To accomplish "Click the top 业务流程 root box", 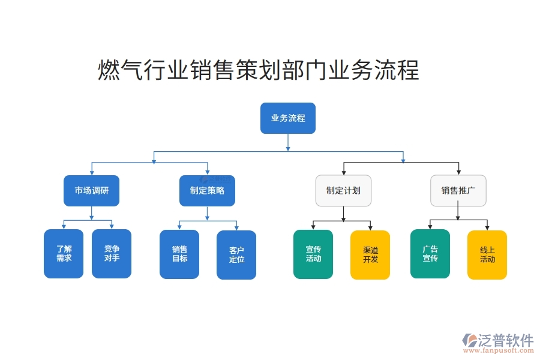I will pyautogui.click(x=287, y=118).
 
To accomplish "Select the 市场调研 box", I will pyautogui.click(x=91, y=191).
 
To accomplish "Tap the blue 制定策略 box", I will pyautogui.click(x=207, y=191).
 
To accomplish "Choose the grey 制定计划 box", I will pyautogui.click(x=343, y=191).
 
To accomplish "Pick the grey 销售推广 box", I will pyautogui.click(x=458, y=191).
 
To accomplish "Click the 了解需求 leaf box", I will pyautogui.click(x=64, y=254).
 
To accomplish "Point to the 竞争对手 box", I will pyautogui.click(x=112, y=254).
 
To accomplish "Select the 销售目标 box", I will pyautogui.click(x=179, y=254).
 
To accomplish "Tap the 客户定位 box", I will pyautogui.click(x=236, y=255).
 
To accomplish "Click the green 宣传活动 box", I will pyautogui.click(x=313, y=254).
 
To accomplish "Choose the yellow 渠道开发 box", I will pyautogui.click(x=370, y=255).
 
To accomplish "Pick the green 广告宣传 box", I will pyautogui.click(x=430, y=254).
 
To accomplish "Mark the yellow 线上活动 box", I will pyautogui.click(x=487, y=255).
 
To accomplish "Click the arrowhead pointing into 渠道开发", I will pyautogui.click(x=370, y=227).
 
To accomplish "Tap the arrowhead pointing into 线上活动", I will pyautogui.click(x=487, y=227).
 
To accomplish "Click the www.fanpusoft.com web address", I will pyautogui.click(x=503, y=352).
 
